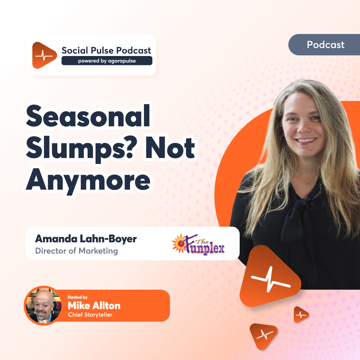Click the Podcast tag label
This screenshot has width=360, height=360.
tap(326, 45)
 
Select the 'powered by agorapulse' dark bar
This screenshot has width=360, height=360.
tap(107, 61)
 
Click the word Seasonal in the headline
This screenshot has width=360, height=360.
tap(88, 118)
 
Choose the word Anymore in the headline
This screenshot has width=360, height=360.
tap(88, 180)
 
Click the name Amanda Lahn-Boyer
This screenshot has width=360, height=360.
tap(86, 239)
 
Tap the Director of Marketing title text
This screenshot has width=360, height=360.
tap(77, 251)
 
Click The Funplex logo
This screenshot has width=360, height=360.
tap(198, 244)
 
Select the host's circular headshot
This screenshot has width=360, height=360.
tap(43, 306)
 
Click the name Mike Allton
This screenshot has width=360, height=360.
tap(94, 305)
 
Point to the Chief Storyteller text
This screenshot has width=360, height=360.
tap(90, 315)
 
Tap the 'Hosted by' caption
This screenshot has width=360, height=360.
tap(77, 297)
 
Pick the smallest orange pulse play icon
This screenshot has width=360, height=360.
tap(301, 314)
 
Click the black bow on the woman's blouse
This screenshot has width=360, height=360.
tap(297, 213)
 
